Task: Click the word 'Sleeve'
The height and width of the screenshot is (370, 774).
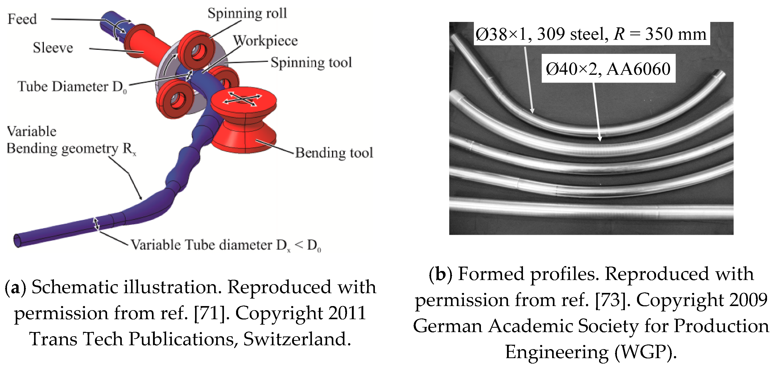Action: pyautogui.click(x=53, y=48)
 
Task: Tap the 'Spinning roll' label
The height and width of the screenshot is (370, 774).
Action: pyautogui.click(x=247, y=13)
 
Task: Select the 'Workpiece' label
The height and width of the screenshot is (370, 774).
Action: pyautogui.click(x=265, y=40)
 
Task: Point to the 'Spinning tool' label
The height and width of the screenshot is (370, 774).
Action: pyautogui.click(x=311, y=62)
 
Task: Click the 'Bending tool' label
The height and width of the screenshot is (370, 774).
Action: pyautogui.click(x=334, y=153)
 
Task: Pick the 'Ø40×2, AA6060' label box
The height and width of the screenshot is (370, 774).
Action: pyautogui.click(x=608, y=69)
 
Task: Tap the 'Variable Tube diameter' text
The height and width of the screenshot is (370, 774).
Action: pyautogui.click(x=203, y=245)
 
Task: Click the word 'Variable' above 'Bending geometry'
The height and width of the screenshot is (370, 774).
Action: pyautogui.click(x=31, y=131)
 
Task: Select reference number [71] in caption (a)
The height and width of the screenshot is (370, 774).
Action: pyautogui.click(x=210, y=313)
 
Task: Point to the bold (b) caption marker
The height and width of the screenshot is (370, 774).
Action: pyautogui.click(x=440, y=274)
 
